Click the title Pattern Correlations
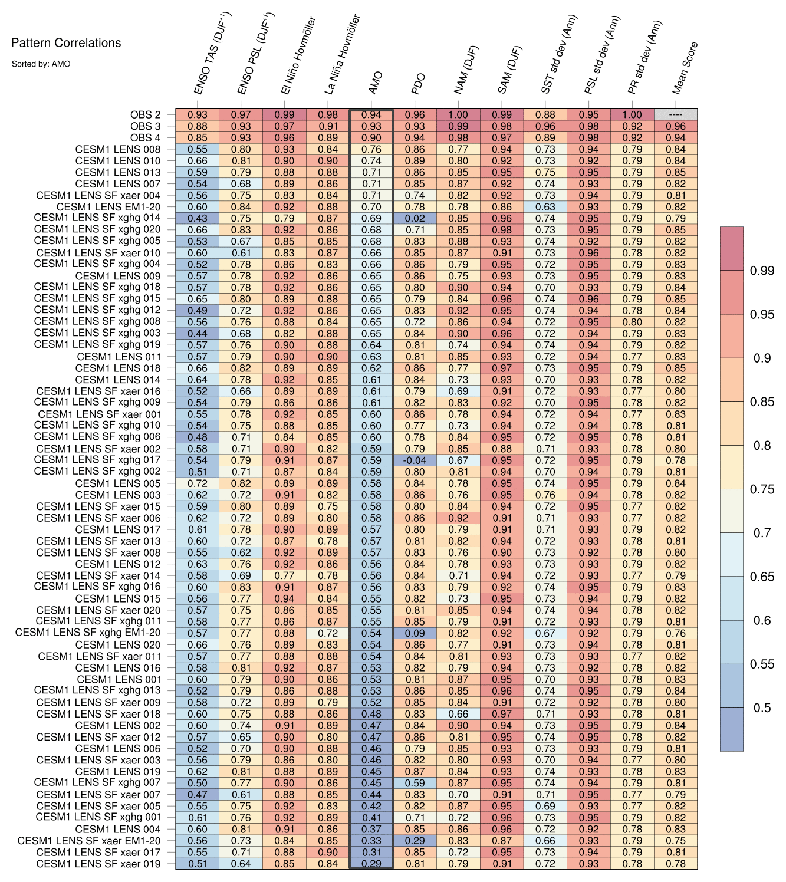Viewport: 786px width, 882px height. [x=66, y=43]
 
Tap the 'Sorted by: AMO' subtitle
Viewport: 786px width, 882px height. [x=41, y=64]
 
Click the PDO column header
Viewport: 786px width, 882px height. [x=418, y=84]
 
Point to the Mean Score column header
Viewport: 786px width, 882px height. [x=685, y=68]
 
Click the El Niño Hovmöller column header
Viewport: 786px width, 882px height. [x=298, y=56]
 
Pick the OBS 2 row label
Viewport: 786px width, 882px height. [x=145, y=115]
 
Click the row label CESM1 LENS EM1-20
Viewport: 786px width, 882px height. [x=108, y=207]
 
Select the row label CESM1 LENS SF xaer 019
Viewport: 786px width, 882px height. [x=98, y=864]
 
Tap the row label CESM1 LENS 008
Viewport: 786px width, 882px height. [x=118, y=149]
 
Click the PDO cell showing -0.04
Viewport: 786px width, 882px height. [x=415, y=460]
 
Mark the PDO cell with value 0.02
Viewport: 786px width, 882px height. [x=415, y=218]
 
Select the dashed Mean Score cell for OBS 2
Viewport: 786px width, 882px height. [x=676, y=115]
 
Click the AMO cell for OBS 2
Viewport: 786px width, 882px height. [x=371, y=115]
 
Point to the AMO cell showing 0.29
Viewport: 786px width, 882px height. [x=371, y=864]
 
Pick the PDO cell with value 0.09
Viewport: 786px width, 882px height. [x=415, y=633]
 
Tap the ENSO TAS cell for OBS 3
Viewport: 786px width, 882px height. [x=198, y=126]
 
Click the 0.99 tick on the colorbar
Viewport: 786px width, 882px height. [x=762, y=271]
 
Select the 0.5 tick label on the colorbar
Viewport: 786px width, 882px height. [x=762, y=708]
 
